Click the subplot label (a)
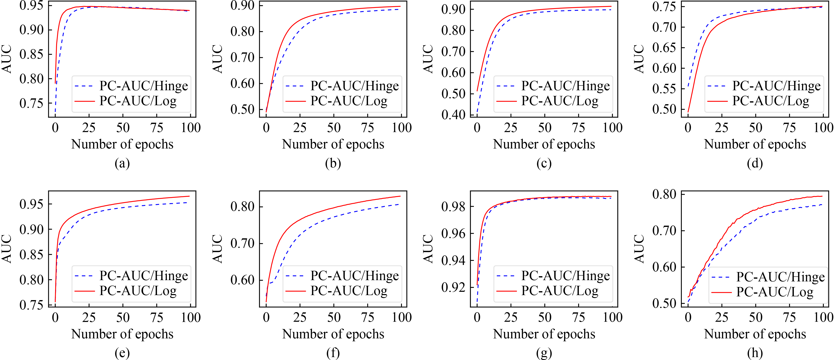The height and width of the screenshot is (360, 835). click(x=122, y=163)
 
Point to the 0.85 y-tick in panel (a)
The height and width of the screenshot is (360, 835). click(x=31, y=54)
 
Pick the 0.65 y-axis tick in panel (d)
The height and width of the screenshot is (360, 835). click(x=664, y=48)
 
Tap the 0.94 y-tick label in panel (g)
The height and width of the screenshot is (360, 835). click(x=453, y=260)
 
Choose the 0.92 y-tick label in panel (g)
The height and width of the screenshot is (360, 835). click(x=453, y=287)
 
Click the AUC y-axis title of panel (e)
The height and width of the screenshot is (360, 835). click(x=7, y=249)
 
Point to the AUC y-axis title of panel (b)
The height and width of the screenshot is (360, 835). click(x=218, y=59)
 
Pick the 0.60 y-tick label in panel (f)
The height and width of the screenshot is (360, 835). click(x=242, y=280)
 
